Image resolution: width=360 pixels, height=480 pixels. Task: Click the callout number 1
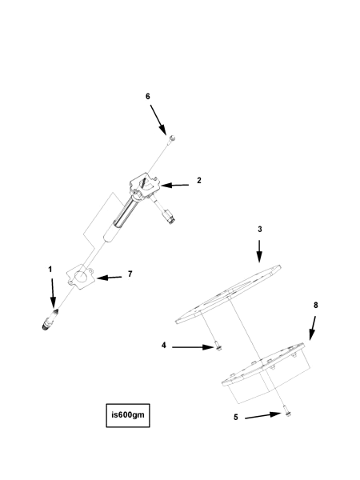pyautogui.click(x=50, y=270)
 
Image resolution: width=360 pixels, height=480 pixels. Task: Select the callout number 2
pyautogui.click(x=199, y=180)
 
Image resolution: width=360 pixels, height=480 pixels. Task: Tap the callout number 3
pyautogui.click(x=260, y=229)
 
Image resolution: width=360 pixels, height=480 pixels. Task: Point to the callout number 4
pyautogui.click(x=164, y=346)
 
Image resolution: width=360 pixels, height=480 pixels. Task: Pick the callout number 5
pyautogui.click(x=236, y=418)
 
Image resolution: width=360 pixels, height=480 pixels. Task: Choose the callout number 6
pyautogui.click(x=148, y=97)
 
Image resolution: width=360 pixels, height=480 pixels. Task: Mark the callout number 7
pyautogui.click(x=130, y=274)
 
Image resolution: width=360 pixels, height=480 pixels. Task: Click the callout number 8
pyautogui.click(x=316, y=306)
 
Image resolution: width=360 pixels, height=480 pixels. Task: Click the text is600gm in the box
pyautogui.click(x=128, y=415)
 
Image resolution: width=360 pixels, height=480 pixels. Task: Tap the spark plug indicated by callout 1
pyautogui.click(x=50, y=320)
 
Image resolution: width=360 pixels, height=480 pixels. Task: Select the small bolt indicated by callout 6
pyautogui.click(x=172, y=139)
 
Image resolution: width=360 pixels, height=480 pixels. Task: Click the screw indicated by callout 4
pyautogui.click(x=218, y=346)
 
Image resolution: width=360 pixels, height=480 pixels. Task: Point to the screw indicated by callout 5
pyautogui.click(x=287, y=411)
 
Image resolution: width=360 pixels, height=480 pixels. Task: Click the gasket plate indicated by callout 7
pyautogui.click(x=80, y=277)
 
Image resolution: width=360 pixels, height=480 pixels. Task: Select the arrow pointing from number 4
pyautogui.click(x=192, y=347)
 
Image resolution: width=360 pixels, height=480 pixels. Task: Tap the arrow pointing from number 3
pyautogui.click(x=259, y=251)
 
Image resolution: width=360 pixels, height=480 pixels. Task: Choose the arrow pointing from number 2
pyautogui.click(x=174, y=186)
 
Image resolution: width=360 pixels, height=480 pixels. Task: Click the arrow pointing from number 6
pyautogui.click(x=158, y=120)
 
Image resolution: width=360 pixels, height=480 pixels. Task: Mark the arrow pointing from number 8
pyautogui.click(x=312, y=328)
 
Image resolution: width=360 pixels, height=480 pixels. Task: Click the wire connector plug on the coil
pyautogui.click(x=170, y=217)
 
